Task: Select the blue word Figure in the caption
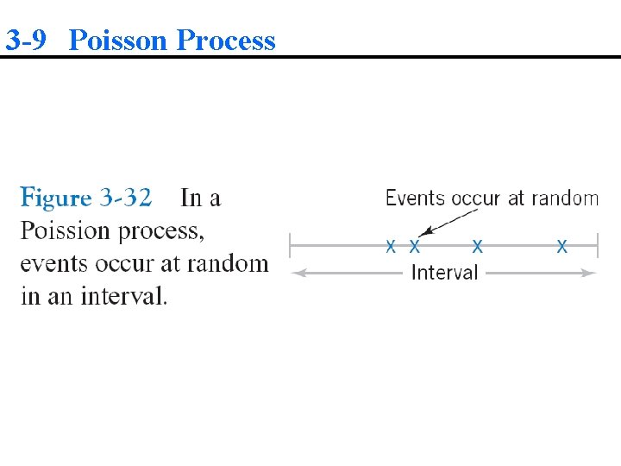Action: click(56, 198)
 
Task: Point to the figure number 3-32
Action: click(126, 198)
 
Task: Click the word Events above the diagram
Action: click(414, 198)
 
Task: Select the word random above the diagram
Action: click(564, 198)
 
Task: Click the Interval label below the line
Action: click(444, 273)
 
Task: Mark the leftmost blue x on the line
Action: click(391, 247)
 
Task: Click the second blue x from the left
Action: click(415, 247)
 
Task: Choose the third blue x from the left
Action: click(477, 247)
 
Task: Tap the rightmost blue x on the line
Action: click(562, 247)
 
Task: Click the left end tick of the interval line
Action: click(290, 247)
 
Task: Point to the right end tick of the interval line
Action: click(597, 247)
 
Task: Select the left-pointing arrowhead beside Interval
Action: click(298, 273)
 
